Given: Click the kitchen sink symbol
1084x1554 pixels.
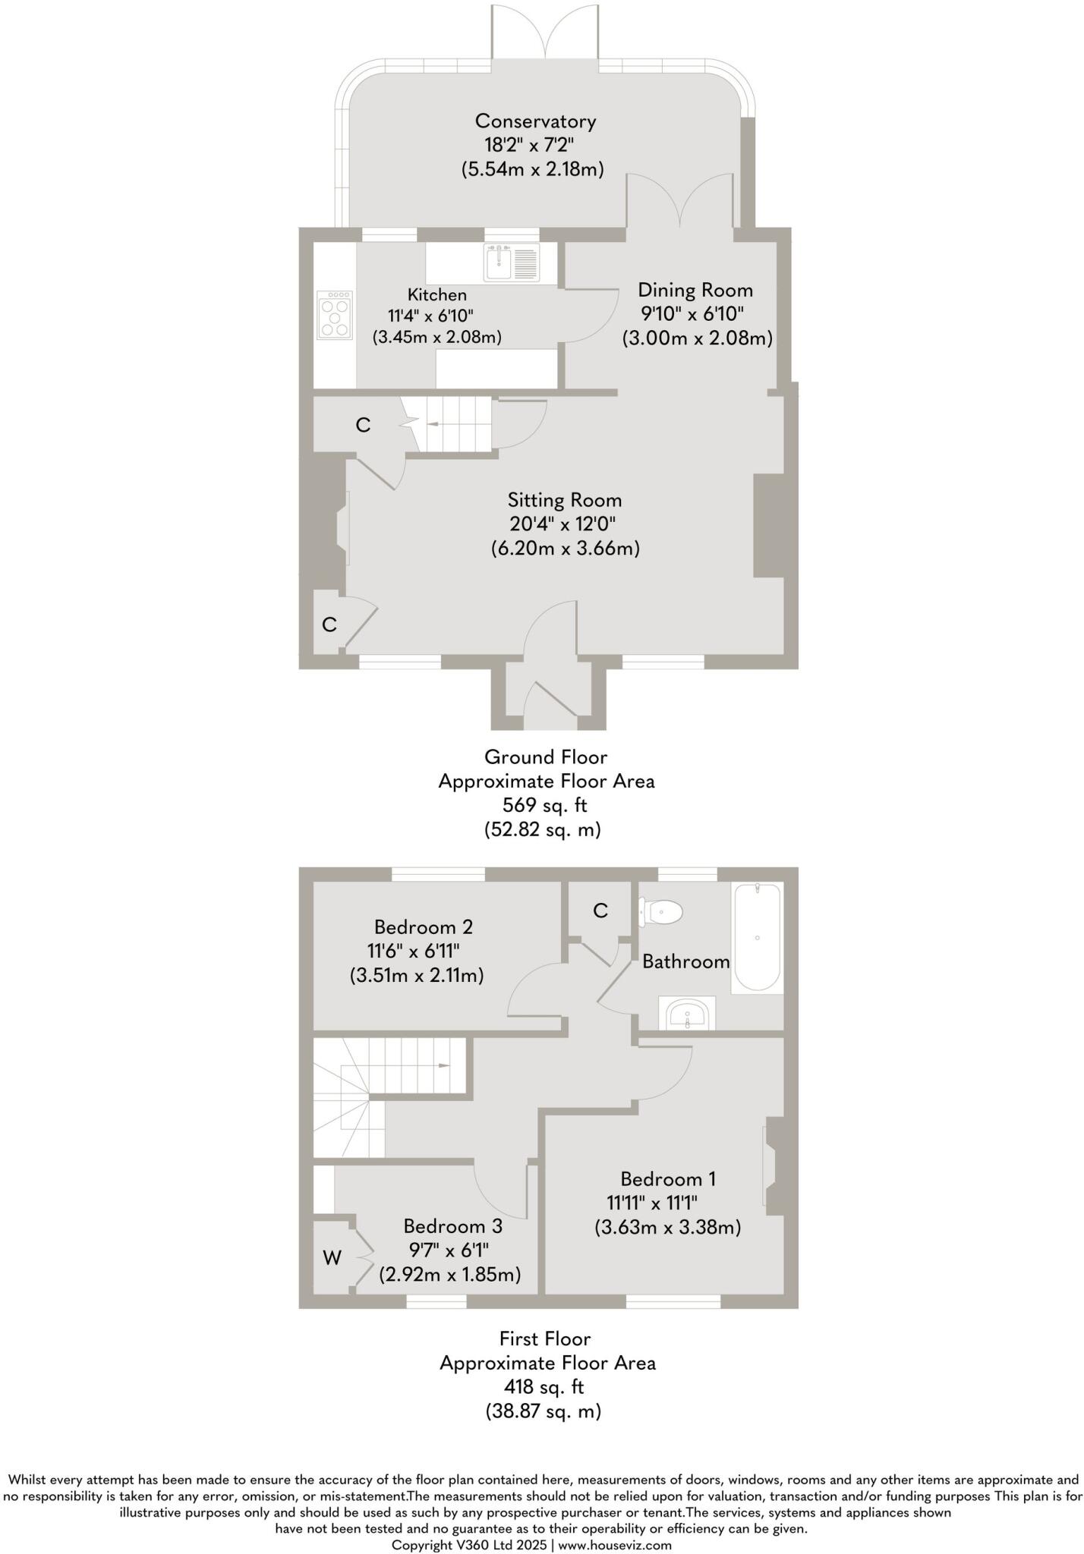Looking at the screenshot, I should click(512, 263).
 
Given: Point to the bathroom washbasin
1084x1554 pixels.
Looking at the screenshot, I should click(687, 1015).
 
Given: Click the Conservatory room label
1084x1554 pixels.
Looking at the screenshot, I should click(535, 121).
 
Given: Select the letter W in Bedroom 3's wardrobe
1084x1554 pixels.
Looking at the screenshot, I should click(332, 1258).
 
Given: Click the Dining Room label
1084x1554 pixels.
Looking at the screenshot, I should click(695, 290).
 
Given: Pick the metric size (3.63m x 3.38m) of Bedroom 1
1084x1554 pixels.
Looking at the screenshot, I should click(667, 1227).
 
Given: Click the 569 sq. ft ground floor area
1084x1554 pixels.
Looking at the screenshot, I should click(545, 805).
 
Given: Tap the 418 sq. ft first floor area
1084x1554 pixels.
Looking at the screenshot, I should click(545, 1387).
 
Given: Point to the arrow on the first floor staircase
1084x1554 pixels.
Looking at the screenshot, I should click(443, 1066).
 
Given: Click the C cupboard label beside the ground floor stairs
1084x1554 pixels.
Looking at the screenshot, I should click(363, 426).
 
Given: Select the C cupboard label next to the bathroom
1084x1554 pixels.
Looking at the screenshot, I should click(600, 911).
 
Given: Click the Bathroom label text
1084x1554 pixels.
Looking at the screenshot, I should click(685, 961).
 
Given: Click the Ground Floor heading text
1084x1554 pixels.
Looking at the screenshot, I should click(546, 757).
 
